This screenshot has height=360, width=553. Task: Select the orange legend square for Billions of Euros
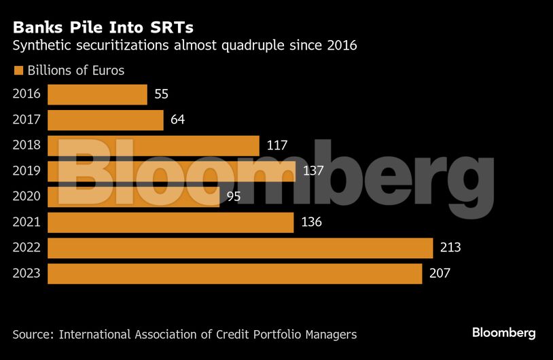18,70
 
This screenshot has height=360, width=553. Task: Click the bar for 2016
97,94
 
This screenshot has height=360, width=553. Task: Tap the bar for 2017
105,120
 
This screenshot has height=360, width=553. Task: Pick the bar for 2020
133,197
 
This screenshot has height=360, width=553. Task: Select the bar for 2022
240,248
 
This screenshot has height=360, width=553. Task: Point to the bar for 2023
234,274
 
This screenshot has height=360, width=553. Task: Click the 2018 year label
26,145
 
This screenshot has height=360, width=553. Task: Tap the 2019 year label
26,171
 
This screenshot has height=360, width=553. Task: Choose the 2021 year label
26,222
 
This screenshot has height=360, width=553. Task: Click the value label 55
161,94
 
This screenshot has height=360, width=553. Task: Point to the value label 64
177,120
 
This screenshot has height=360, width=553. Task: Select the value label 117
277,145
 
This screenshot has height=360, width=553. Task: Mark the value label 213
450,248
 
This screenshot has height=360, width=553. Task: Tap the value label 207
440,274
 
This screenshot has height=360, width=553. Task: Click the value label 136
311,222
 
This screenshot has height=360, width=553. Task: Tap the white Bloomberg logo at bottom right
504,333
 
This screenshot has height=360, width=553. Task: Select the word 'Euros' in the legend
108,70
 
